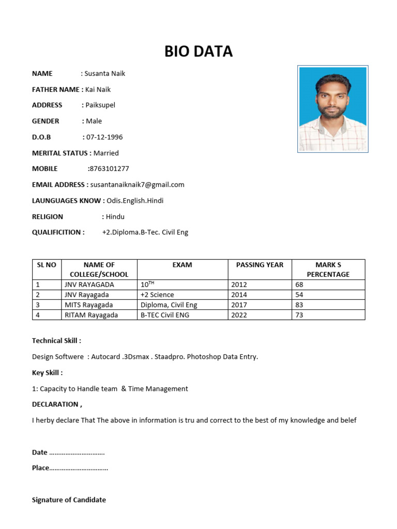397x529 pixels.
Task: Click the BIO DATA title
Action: [x=198, y=51]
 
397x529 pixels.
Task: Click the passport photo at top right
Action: [x=333, y=109]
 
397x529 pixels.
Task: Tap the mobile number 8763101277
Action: [x=109, y=168]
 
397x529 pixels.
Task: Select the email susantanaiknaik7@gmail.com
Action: [x=138, y=184]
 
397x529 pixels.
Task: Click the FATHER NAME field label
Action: [x=56, y=89]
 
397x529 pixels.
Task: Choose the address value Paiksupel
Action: [x=100, y=105]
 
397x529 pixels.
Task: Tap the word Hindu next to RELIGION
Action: [x=115, y=216]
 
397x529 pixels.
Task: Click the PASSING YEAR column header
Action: [x=259, y=264]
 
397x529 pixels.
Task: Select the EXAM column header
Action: [x=182, y=264]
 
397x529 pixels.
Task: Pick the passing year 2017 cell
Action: [x=239, y=305]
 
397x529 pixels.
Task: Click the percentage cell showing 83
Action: [x=299, y=305]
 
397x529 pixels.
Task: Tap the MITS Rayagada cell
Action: [x=88, y=305]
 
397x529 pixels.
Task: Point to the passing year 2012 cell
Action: [x=239, y=285]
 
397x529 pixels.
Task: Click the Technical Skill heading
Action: [x=56, y=340]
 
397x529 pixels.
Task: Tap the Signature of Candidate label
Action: [x=69, y=500]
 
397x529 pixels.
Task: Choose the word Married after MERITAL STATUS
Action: [x=106, y=153]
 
